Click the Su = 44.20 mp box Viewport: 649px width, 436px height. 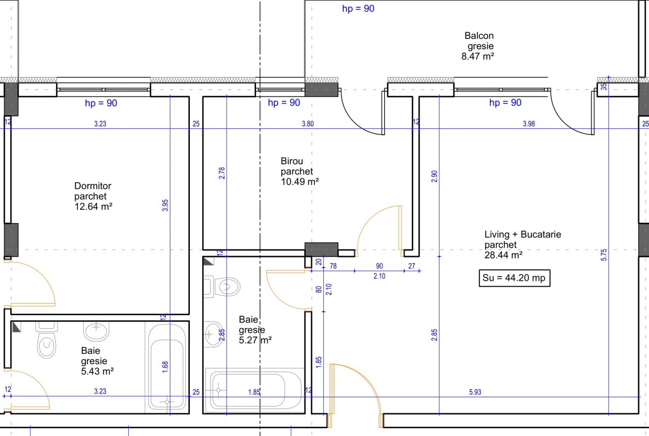[514, 278]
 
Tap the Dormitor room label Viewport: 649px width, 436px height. [93, 186]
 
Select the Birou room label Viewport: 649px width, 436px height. [292, 161]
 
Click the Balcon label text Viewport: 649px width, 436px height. [479, 36]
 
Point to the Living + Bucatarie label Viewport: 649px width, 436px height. [522, 234]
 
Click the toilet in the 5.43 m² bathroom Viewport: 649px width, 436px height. [46, 344]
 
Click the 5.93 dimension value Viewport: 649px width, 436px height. [475, 392]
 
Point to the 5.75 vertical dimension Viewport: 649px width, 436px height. [604, 255]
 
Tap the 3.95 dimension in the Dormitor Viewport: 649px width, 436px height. [165, 205]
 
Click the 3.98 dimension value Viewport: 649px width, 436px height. [529, 124]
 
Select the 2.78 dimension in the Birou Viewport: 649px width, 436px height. [221, 173]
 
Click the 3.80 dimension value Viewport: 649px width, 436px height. [307, 124]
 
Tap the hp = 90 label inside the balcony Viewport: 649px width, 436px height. [358, 9]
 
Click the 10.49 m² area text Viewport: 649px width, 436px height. [300, 182]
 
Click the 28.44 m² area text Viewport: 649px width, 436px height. [503, 255]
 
